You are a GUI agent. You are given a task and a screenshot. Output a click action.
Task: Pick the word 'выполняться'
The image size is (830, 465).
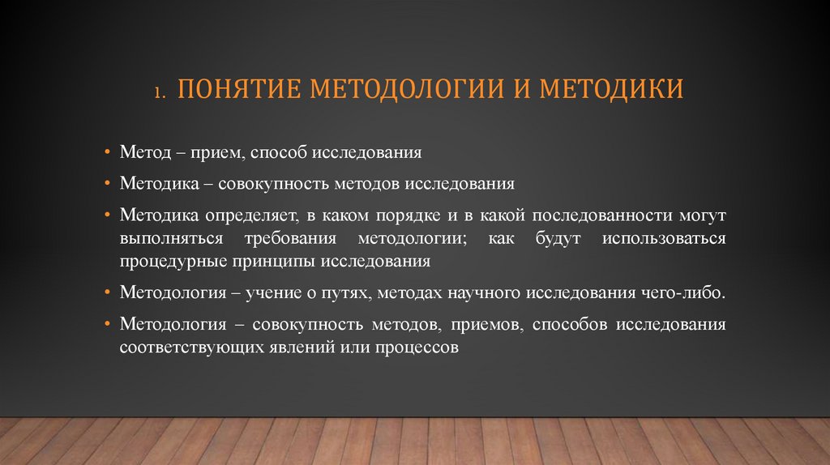(x=166, y=239)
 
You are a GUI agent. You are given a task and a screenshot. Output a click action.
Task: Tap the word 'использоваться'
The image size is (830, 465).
(x=664, y=239)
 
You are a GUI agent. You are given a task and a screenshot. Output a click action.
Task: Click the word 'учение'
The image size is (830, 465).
(x=275, y=293)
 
